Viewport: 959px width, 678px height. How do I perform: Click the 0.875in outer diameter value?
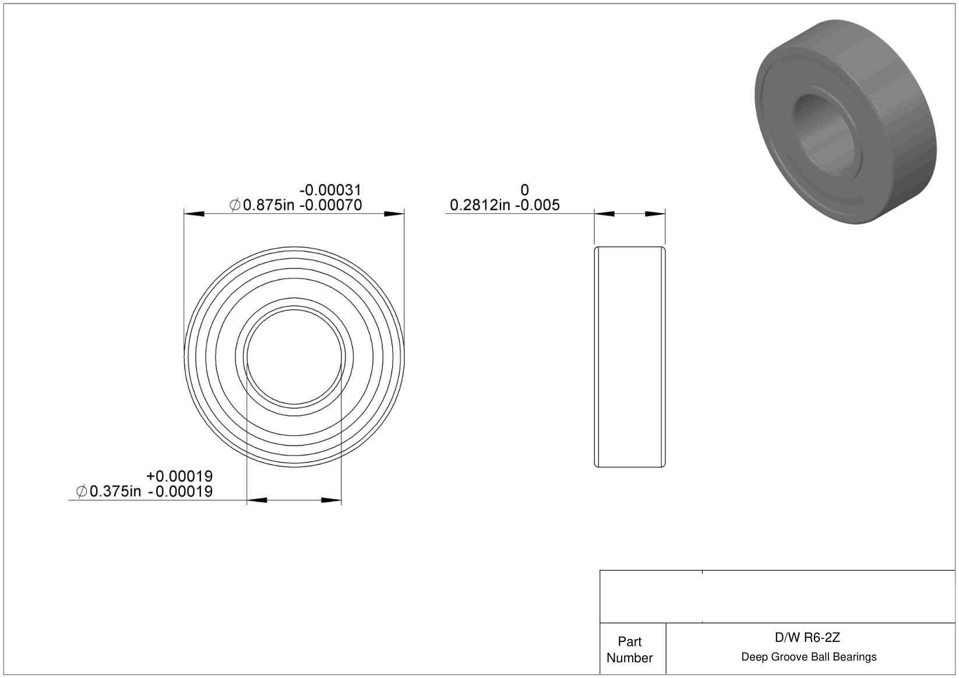(x=269, y=205)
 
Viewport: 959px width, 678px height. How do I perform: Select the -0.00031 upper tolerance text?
(x=330, y=190)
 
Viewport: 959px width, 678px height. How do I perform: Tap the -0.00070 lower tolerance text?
(x=330, y=205)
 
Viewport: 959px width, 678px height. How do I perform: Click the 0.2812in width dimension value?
(x=480, y=205)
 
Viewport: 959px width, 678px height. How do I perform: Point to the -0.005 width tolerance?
(x=537, y=205)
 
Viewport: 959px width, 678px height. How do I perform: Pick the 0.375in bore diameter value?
(x=115, y=491)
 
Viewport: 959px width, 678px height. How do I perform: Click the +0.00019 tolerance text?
(x=179, y=476)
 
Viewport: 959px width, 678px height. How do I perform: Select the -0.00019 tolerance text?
(x=180, y=491)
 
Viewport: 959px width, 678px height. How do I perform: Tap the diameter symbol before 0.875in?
(x=235, y=205)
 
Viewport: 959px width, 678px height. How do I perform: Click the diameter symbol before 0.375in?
(x=82, y=491)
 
